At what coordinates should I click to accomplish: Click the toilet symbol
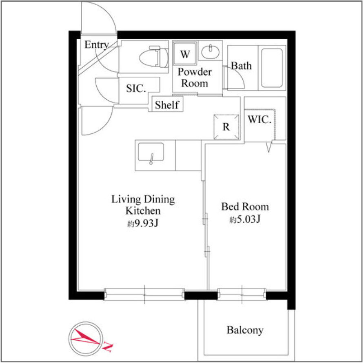coord(154,57)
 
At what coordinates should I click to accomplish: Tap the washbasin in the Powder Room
coord(210,52)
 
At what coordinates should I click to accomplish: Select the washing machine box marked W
coord(185,53)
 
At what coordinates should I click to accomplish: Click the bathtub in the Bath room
coord(272,68)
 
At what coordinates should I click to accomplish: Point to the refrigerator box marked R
coord(226,127)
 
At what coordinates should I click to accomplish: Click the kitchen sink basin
coord(151,152)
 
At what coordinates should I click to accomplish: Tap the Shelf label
coord(167,105)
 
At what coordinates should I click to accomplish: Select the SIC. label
coord(136,89)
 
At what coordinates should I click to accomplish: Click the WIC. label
coord(260,120)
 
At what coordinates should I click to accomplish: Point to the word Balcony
coord(245,330)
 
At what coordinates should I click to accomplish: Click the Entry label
coord(97,45)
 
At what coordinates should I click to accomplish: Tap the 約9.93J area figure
coord(143,223)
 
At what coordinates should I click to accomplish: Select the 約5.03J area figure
coord(245,219)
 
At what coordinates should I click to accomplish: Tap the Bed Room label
coord(245,206)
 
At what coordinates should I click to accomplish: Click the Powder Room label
coord(195,78)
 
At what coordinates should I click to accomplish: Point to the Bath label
coord(241,66)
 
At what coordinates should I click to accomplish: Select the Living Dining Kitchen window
coord(144,295)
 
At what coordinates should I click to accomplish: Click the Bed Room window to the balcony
coord(242,295)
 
